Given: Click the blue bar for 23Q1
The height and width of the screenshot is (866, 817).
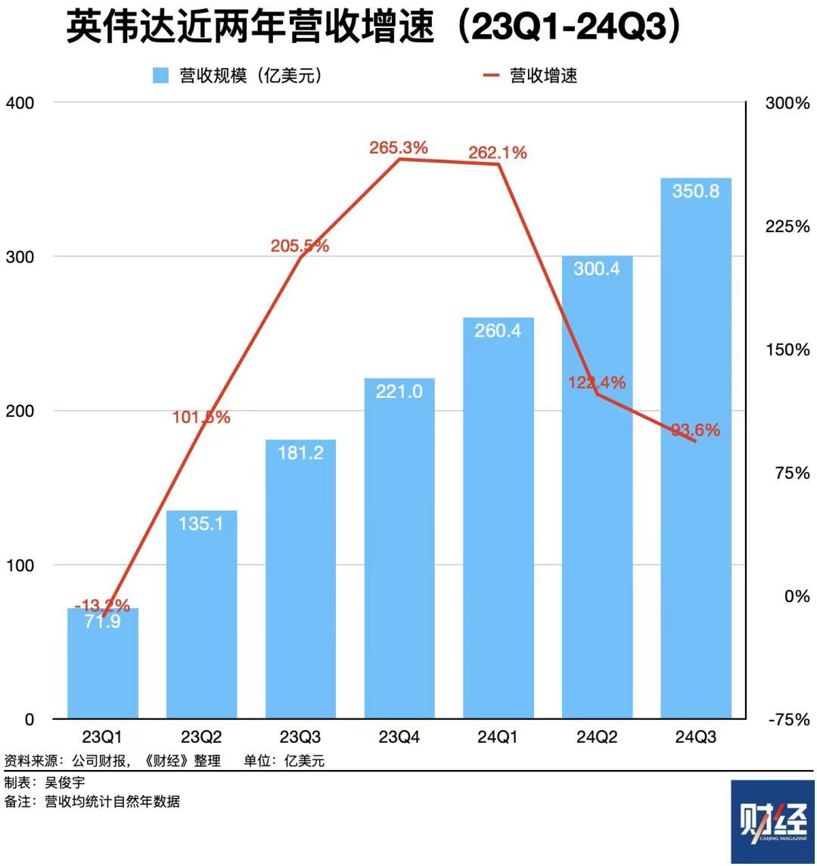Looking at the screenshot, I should point(103,666).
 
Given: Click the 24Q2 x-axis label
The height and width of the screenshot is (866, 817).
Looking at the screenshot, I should point(597,737).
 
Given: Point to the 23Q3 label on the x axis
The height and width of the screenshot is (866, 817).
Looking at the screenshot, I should point(300,737).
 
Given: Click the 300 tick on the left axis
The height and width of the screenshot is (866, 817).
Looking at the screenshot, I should point(20,256).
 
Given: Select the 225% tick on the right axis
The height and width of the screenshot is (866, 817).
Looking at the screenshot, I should point(787,226).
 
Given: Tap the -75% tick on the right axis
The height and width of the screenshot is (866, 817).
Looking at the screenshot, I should point(789,719).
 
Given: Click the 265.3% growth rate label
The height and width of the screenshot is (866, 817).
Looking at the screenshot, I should point(399,148).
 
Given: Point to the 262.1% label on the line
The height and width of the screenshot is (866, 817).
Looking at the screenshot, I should point(498,153).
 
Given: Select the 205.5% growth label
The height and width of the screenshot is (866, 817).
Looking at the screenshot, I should point(300,246).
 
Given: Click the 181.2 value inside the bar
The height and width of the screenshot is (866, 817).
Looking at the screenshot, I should point(300,453).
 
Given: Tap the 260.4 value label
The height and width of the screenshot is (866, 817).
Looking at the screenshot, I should point(498,331).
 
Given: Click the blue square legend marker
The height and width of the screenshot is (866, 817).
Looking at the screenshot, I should point(160,76).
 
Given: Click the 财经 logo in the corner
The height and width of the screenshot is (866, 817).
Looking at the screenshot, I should point(772,821).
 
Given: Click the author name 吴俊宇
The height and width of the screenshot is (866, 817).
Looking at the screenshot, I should point(65,783).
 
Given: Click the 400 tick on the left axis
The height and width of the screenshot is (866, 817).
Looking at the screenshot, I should point(20,103).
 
